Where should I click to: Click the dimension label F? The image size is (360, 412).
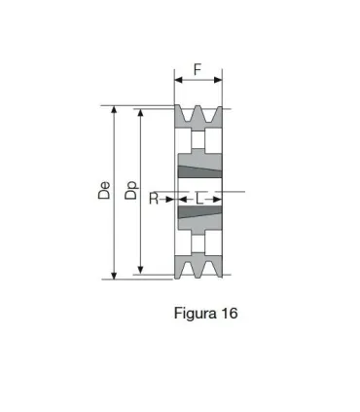[x=198, y=69]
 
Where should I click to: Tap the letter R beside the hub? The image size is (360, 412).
[x=154, y=199]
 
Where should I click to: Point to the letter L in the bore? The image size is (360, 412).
[x=199, y=199]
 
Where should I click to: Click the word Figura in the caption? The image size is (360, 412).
[x=195, y=314]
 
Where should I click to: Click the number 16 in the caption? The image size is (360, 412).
[x=228, y=314]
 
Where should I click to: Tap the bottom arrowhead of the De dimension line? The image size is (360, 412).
[x=116, y=275]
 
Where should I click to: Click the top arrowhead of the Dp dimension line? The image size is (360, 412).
[x=142, y=113]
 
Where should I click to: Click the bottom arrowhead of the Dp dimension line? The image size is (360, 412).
[x=142, y=270]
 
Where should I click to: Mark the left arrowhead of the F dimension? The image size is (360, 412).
[x=178, y=82]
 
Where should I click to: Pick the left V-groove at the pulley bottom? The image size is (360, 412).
[x=190, y=270]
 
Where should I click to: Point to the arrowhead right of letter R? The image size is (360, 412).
[x=172, y=199]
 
